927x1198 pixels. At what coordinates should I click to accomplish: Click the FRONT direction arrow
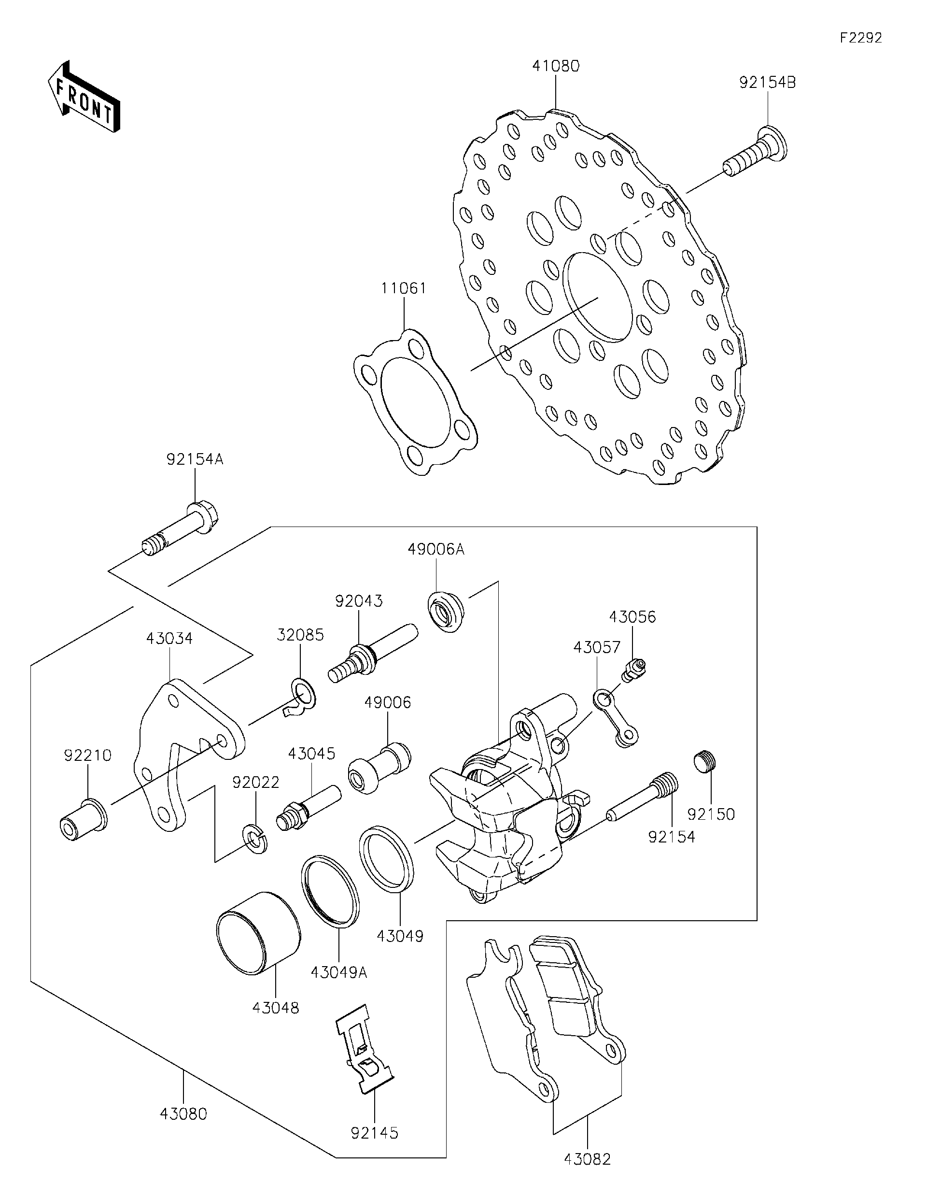point(84,97)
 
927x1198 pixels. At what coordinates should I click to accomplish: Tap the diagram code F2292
point(861,38)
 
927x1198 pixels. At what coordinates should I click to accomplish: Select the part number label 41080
point(555,66)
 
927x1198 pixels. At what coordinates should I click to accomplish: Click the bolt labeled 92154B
point(757,152)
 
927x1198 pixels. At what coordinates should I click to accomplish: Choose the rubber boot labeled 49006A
point(445,612)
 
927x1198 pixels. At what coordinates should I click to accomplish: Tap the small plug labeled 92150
point(705,762)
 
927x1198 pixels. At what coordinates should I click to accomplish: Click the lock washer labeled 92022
point(255,838)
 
